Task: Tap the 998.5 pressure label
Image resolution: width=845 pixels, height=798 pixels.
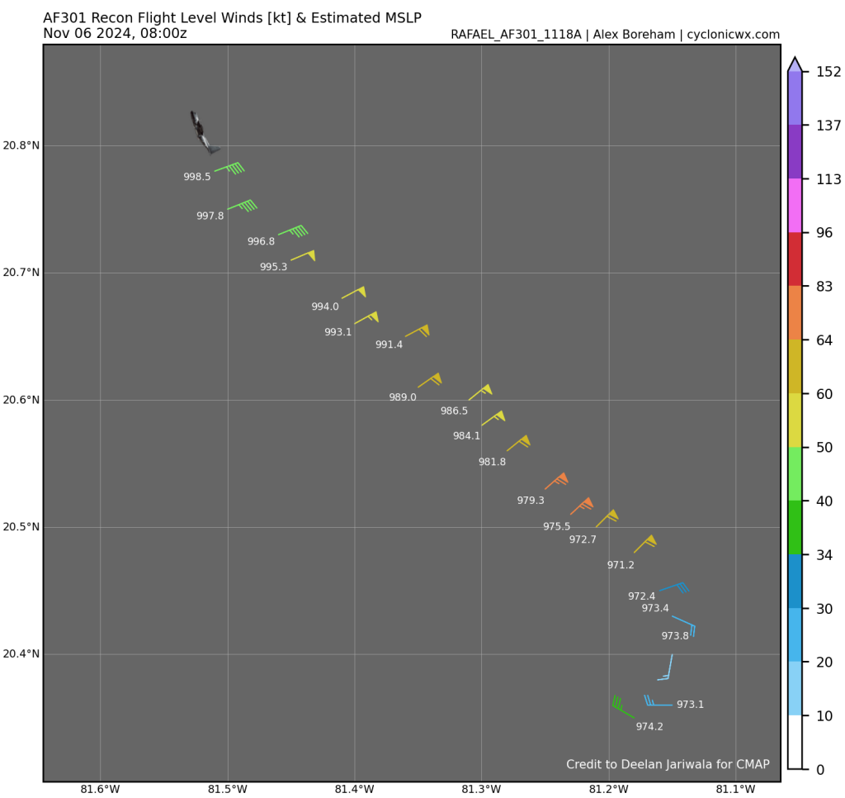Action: click(x=196, y=177)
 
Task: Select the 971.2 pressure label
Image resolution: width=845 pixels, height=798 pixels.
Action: click(x=621, y=565)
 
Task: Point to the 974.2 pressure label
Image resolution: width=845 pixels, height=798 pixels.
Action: click(x=649, y=727)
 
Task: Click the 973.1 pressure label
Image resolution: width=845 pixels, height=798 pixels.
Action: click(x=690, y=705)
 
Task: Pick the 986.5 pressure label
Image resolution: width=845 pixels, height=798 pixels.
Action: click(x=454, y=411)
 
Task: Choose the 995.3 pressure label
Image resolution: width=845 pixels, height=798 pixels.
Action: click(x=273, y=267)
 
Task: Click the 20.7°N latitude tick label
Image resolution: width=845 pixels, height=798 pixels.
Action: click(x=21, y=273)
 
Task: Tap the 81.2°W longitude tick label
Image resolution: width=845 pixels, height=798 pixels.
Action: click(x=609, y=788)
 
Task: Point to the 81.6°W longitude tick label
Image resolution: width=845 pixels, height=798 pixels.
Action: click(x=99, y=788)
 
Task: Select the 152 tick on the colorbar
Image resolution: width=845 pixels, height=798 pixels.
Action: click(x=828, y=72)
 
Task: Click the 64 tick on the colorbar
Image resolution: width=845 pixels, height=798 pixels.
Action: click(x=824, y=340)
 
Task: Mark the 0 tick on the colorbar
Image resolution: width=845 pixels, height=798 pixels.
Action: click(x=819, y=770)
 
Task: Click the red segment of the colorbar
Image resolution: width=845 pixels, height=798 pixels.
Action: click(x=795, y=259)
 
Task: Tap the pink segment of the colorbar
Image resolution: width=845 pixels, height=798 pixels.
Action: click(x=795, y=206)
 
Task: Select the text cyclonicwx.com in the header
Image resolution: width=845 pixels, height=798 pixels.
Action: click(x=734, y=35)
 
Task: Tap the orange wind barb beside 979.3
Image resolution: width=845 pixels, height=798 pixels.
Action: click(x=556, y=482)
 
